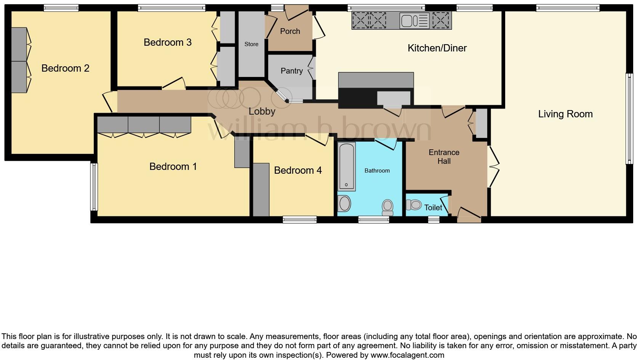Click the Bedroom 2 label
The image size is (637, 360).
(x=65, y=68)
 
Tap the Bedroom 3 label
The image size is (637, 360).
(x=167, y=42)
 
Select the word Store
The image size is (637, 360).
(x=251, y=44)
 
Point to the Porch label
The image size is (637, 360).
(x=290, y=31)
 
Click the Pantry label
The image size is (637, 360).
(x=291, y=71)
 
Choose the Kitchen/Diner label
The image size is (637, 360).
(x=437, y=48)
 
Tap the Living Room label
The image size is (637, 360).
(x=565, y=114)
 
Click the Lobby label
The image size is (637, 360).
(x=262, y=111)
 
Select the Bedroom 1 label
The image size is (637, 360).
(x=173, y=166)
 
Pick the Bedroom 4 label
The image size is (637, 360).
(x=298, y=170)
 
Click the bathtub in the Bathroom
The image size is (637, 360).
(x=347, y=166)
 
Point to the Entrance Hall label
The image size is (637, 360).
(x=444, y=157)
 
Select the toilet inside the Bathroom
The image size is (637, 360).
(x=387, y=207)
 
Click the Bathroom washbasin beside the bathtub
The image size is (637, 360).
(x=345, y=204)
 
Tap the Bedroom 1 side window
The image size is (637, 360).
(x=94, y=187)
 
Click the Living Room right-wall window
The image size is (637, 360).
(x=629, y=119)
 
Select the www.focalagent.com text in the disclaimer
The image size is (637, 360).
(x=407, y=355)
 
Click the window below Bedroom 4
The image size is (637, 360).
(x=299, y=219)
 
